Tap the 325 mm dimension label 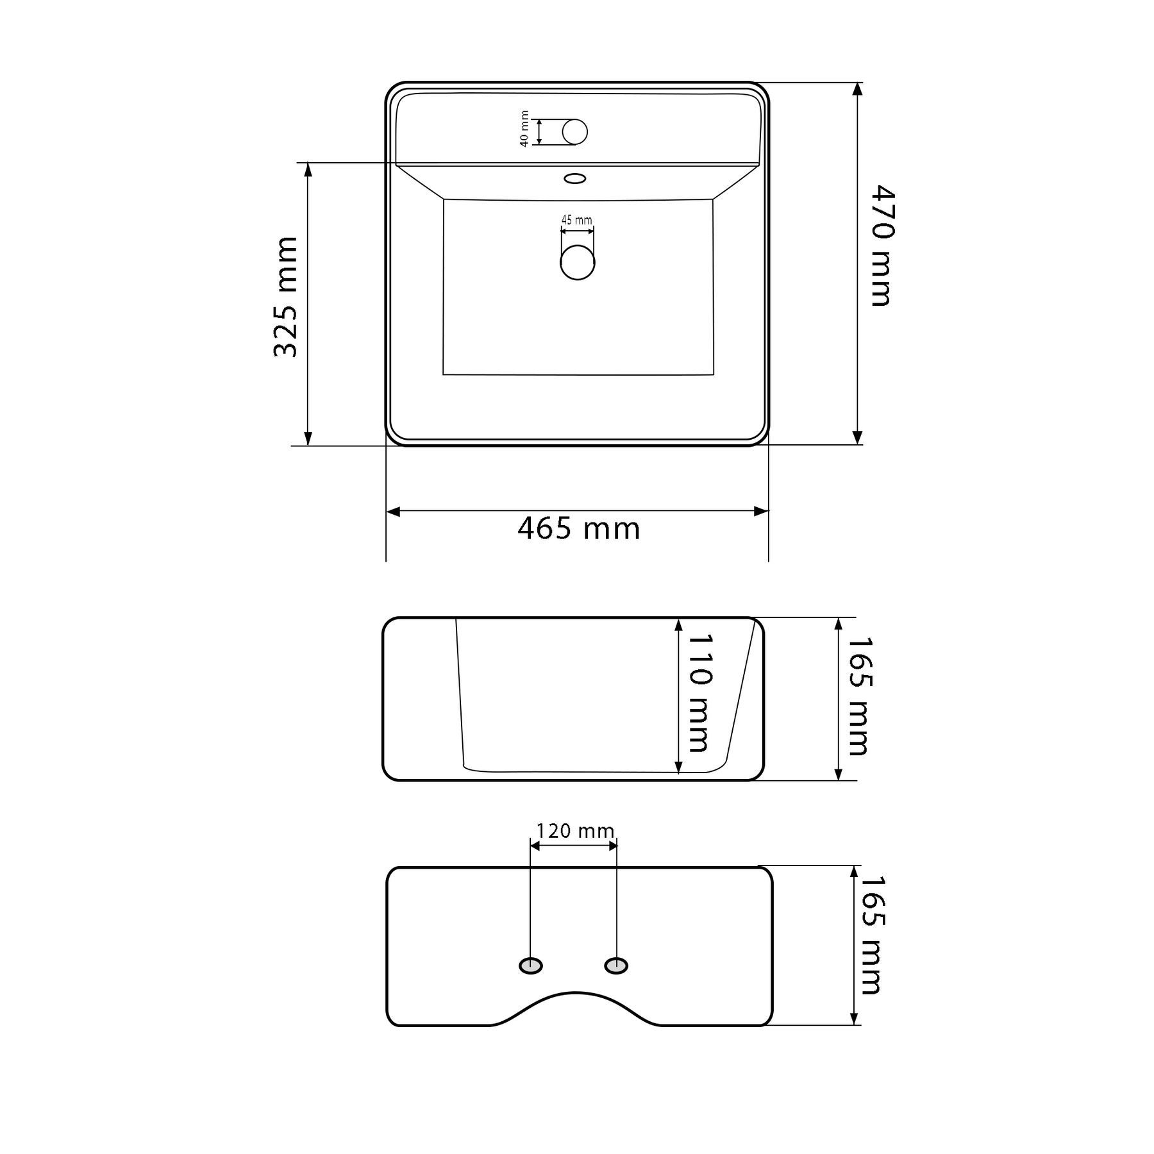coord(286,297)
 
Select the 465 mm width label coord(579,530)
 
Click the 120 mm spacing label coord(575,831)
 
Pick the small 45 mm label coord(577,220)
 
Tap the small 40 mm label coord(524,129)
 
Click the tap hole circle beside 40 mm coord(575,131)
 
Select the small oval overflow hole coord(575,178)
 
